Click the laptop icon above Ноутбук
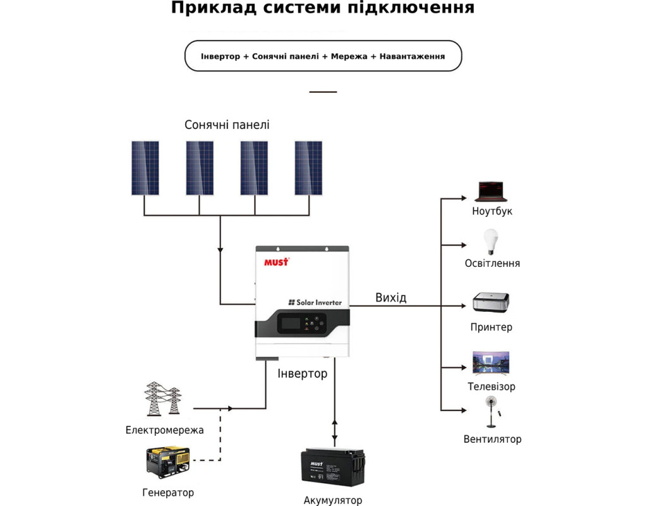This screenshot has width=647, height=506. pos(491,191)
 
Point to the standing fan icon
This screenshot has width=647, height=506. pos(491,412)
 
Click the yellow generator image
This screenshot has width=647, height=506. pos(167,462)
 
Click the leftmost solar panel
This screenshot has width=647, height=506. pos(145,168)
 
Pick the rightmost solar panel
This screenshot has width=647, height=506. pos(308,168)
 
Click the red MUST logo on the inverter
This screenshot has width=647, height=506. pos(275,261)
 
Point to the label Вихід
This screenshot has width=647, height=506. pos(390,297)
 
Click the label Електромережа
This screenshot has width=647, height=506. pos(164,430)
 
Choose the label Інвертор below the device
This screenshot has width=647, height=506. pos(303,373)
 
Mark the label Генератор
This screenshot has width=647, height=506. pos(168,492)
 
